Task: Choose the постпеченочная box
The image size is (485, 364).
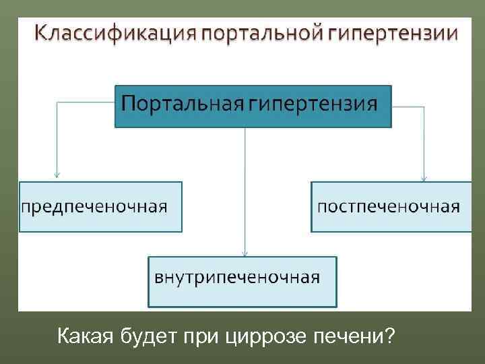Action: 391,206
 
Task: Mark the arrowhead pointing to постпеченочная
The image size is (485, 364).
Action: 424,177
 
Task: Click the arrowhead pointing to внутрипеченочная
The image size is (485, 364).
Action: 245,253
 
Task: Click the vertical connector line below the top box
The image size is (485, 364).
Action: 245,189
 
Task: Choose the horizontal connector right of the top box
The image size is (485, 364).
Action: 408,105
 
